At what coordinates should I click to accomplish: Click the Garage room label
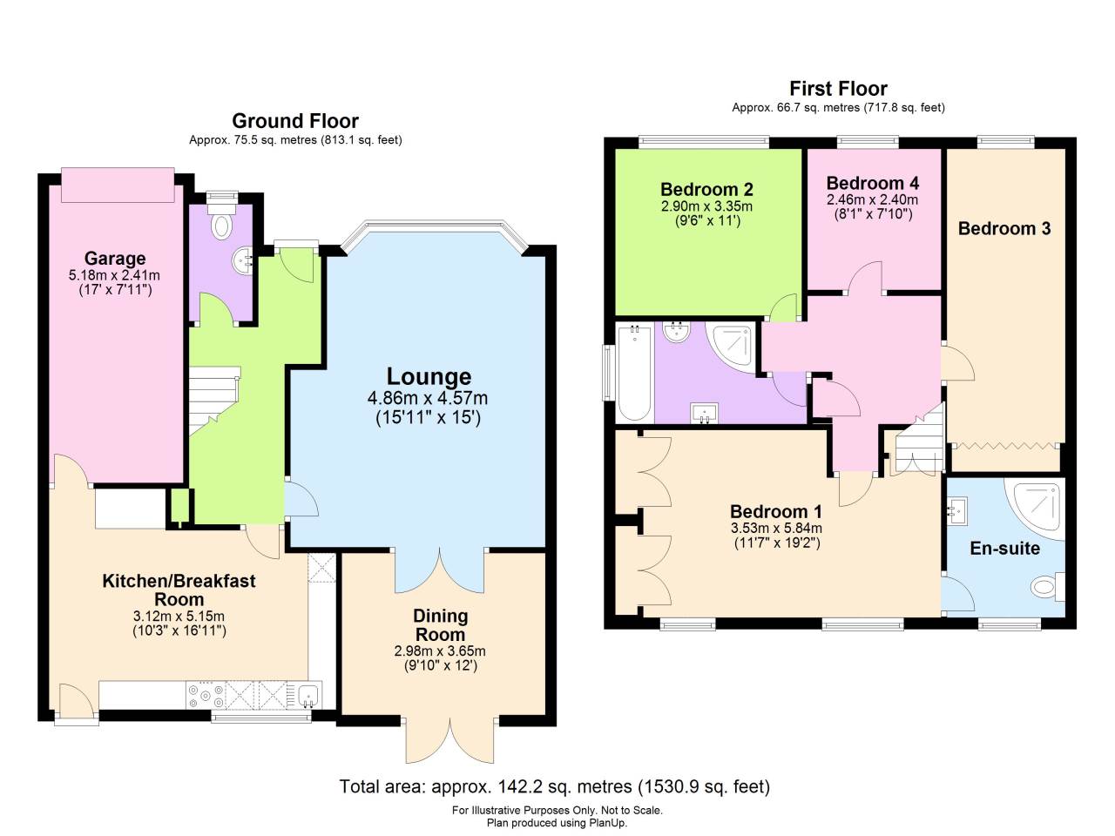tap(114, 259)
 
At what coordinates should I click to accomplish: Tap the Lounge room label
tap(429, 377)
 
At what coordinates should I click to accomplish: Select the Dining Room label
tap(440, 625)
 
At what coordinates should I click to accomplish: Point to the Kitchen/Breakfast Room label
tap(179, 590)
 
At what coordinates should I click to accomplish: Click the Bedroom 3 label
tap(1003, 228)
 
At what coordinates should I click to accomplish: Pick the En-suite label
tap(1004, 549)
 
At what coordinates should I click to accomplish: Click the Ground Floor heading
tap(294, 121)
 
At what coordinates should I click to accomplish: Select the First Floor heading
tap(838, 88)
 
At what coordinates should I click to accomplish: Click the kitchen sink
tap(307, 695)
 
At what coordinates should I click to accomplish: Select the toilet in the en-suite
tap(1044, 585)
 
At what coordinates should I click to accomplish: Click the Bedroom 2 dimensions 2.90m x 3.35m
tap(706, 206)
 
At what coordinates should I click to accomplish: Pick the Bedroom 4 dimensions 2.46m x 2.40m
tap(871, 199)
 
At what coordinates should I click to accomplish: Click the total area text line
tap(554, 787)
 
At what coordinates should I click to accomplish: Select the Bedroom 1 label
tap(775, 511)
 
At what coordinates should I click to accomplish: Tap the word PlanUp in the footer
tap(608, 823)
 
